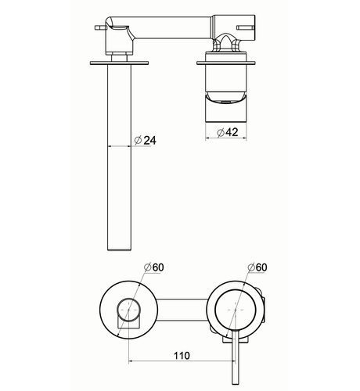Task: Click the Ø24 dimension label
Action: coord(146,141)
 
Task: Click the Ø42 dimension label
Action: coord(228,132)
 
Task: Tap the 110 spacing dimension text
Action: coord(182,356)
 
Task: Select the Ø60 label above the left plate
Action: coord(154,267)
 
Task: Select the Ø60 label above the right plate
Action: coord(257,267)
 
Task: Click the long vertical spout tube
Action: coord(119,157)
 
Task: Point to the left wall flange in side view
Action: coord(119,63)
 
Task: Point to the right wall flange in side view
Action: coord(226,63)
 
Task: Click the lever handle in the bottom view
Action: coord(235,357)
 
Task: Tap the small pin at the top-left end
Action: coord(100,27)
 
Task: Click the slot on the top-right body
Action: coord(245,27)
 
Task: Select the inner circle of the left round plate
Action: coord(128,310)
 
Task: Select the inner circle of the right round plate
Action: coord(236,310)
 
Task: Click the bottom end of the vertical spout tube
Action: coord(119,250)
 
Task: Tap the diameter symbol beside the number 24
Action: coord(138,141)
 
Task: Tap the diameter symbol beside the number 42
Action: coord(221,133)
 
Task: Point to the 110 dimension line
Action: coord(182,361)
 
